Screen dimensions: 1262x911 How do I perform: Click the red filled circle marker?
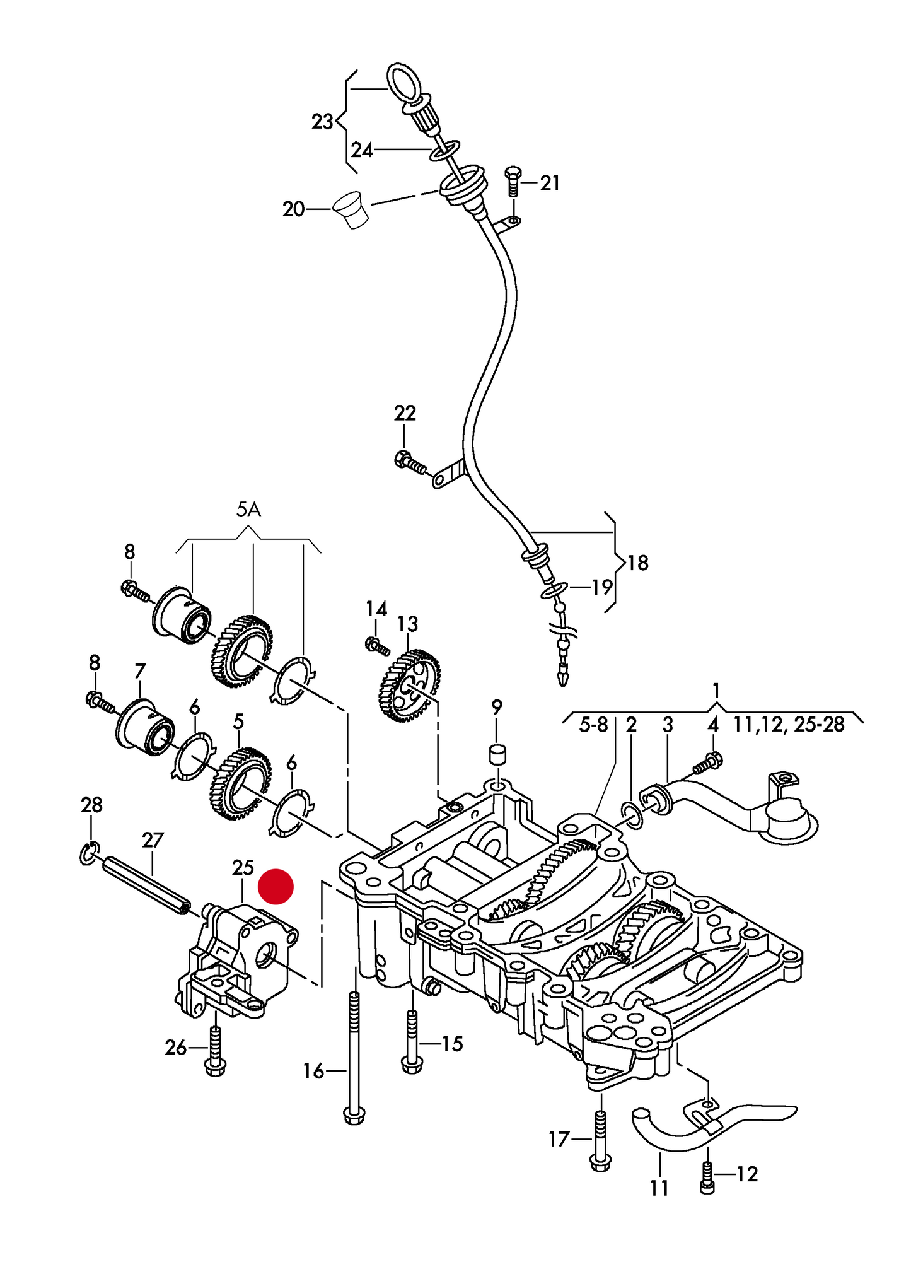(276, 886)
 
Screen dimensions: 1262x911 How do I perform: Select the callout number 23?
(322, 121)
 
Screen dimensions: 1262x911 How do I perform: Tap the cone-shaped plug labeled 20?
(352, 209)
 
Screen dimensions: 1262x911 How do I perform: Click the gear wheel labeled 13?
(409, 687)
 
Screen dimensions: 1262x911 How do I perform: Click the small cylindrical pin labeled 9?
(498, 754)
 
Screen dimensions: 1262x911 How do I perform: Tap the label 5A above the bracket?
(248, 510)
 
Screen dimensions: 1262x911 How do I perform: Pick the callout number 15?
(452, 1044)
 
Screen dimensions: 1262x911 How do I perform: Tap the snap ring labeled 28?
(89, 853)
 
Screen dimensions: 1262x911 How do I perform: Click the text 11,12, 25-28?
(788, 725)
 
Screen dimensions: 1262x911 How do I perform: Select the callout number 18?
(637, 563)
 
